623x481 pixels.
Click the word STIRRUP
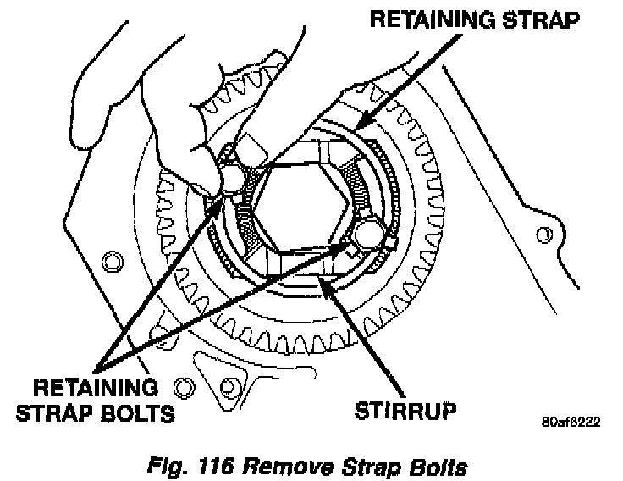[x=407, y=412]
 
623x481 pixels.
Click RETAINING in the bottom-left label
[x=95, y=389]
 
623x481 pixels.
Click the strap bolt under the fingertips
[x=230, y=179]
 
